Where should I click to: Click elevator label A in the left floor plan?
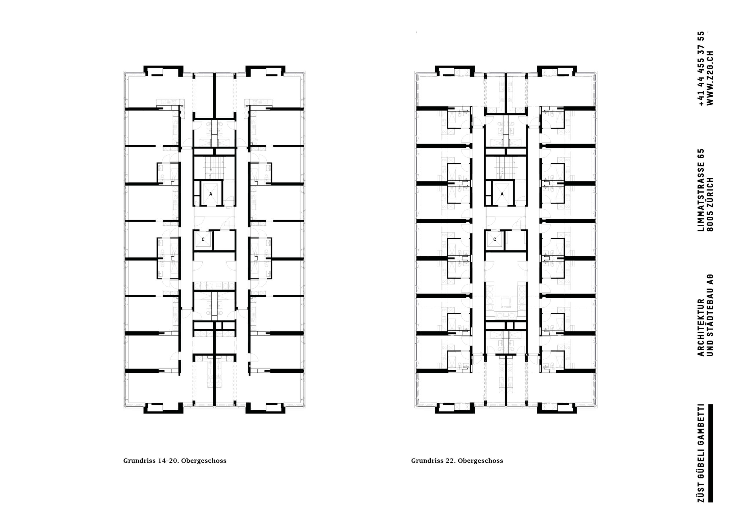point(211,194)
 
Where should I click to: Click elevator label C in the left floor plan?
point(203,240)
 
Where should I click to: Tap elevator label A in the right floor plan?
point(502,194)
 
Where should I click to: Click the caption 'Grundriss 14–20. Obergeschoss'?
point(175,461)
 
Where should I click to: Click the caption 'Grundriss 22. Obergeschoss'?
point(457,461)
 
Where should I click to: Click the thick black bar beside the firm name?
point(710,453)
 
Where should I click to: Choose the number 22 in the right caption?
point(450,461)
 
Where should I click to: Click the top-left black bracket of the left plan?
point(163,70)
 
